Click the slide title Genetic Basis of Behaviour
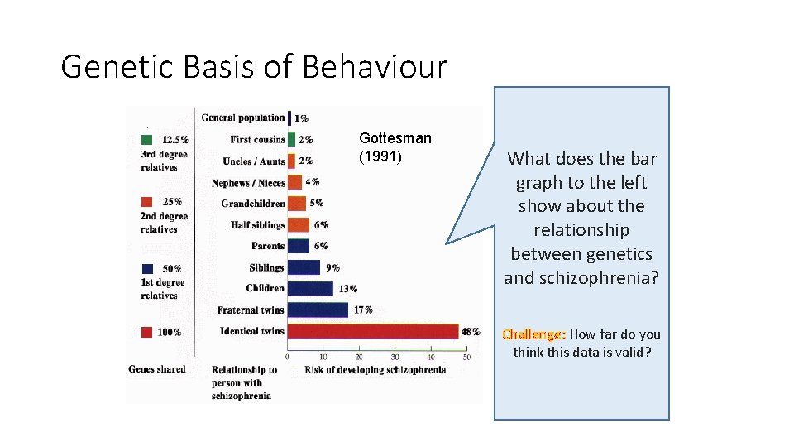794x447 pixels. [254, 66]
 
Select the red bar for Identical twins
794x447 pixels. [372, 331]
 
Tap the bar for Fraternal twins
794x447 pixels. [318, 310]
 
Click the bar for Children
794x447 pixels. [310, 288]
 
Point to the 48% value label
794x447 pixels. [471, 331]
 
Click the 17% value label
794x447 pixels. [363, 310]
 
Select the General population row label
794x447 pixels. [242, 118]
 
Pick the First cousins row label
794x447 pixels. [257, 140]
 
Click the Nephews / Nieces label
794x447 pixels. [248, 183]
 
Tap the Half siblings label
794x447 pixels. [257, 225]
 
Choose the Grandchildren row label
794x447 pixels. [253, 204]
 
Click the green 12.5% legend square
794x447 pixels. [146, 139]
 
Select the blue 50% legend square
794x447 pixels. [146, 268]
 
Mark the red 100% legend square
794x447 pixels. [146, 332]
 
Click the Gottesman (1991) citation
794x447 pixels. [395, 147]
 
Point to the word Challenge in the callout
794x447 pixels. [533, 334]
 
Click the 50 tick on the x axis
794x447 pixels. [467, 357]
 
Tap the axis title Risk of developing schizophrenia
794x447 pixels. [375, 370]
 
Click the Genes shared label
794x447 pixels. [157, 369]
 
